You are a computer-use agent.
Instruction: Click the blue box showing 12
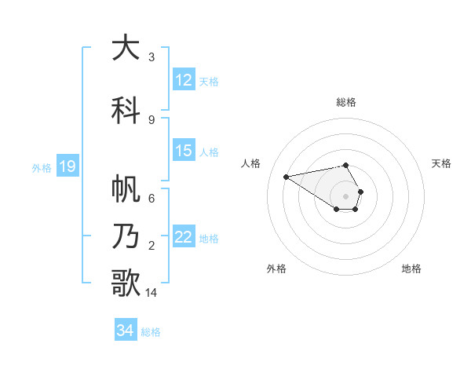tap(184, 80)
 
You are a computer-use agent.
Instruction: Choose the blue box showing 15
tap(184, 152)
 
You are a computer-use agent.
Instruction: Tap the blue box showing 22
tap(184, 238)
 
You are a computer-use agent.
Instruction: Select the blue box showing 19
tap(67, 166)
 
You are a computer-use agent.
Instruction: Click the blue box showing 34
tap(125, 331)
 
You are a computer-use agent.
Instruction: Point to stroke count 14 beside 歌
tap(152, 293)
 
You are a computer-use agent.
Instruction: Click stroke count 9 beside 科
tap(152, 119)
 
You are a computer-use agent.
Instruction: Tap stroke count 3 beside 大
tap(152, 57)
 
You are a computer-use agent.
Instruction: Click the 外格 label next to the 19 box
tap(42, 167)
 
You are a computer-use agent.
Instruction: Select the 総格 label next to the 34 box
tap(151, 332)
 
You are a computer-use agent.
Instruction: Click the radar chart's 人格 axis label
tap(251, 163)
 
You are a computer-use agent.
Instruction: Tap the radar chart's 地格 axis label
tap(411, 269)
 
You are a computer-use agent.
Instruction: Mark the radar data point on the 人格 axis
tap(286, 176)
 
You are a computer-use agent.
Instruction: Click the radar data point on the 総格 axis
tap(345, 166)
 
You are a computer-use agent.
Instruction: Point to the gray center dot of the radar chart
tap(345, 196)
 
